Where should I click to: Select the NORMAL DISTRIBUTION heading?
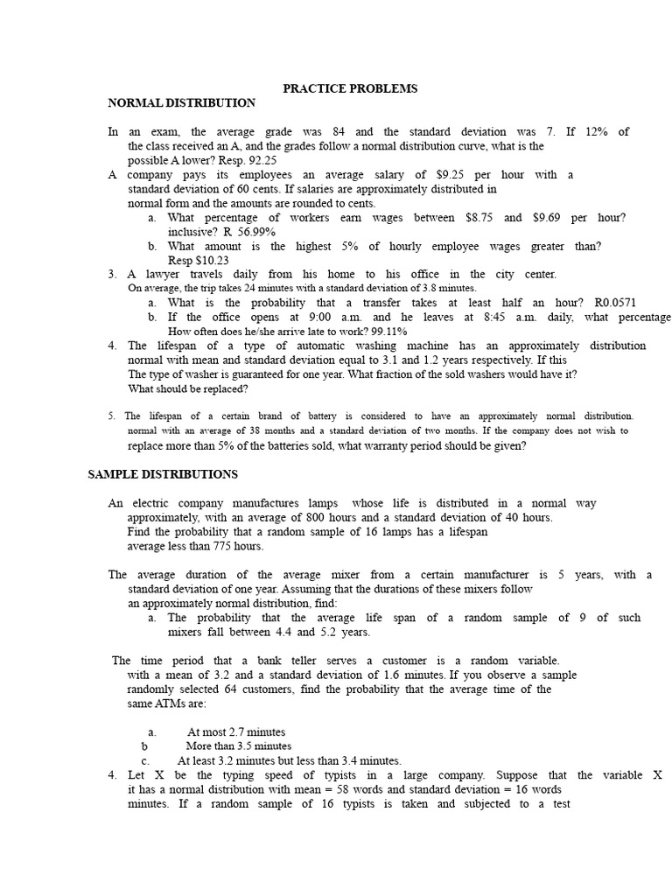coord(181,103)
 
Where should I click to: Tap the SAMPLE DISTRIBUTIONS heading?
coord(163,474)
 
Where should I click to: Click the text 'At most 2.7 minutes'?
coord(236,731)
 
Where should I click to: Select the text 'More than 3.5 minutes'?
coord(239,745)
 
